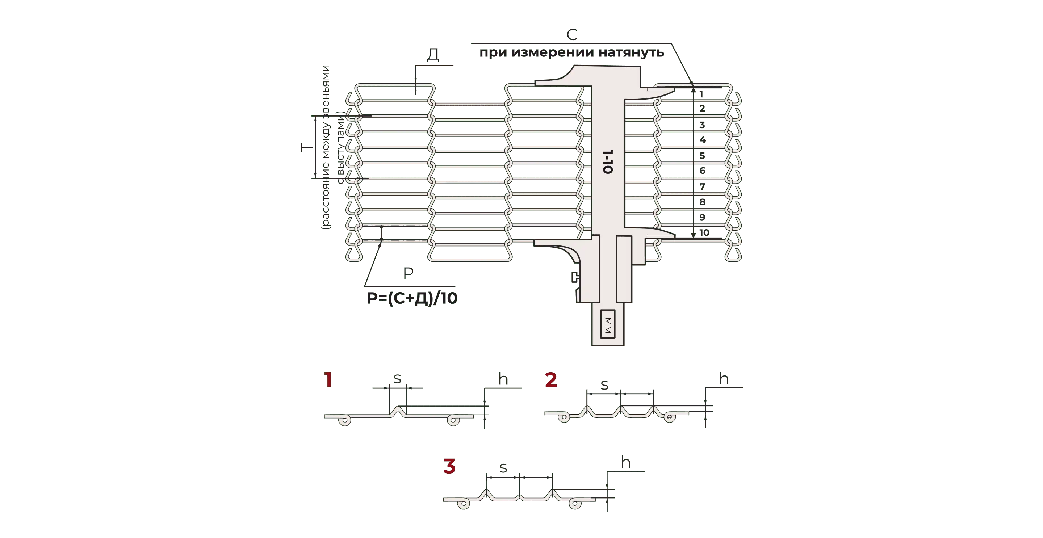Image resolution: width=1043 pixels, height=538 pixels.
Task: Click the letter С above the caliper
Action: click(572, 35)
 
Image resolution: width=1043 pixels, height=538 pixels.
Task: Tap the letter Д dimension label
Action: click(433, 55)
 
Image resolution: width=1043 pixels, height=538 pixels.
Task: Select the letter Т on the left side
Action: click(307, 147)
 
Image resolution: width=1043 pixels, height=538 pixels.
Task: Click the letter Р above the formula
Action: click(408, 273)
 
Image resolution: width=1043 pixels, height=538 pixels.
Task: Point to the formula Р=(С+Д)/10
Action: click(412, 298)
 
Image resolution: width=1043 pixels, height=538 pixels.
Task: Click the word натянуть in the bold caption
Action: click(631, 52)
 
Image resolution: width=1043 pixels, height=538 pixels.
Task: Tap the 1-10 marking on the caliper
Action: click(608, 162)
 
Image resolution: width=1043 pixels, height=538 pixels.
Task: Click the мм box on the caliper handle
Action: click(608, 324)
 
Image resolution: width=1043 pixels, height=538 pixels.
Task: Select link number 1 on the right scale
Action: click(701, 94)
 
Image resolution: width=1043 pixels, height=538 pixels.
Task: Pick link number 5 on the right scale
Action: click(702, 156)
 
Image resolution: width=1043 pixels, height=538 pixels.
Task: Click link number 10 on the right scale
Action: click(704, 233)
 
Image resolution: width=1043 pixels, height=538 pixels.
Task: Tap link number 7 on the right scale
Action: click(702, 186)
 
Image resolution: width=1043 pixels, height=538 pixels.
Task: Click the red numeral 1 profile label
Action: click(328, 380)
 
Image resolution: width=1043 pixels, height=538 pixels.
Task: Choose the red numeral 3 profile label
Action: click(449, 466)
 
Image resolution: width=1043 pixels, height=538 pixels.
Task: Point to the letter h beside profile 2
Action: click(724, 378)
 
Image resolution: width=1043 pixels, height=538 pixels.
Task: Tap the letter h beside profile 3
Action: click(625, 462)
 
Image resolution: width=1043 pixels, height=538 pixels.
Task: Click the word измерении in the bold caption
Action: click(553, 52)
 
